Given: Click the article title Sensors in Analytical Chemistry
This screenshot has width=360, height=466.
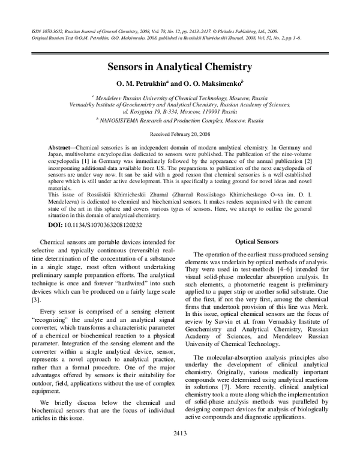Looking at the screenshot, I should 179,67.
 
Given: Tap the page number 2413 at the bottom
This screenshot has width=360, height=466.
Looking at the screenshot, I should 180,449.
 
